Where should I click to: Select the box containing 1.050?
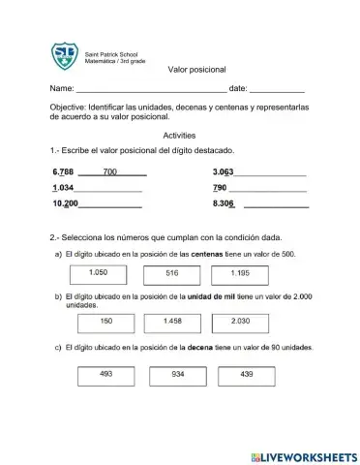[98, 274]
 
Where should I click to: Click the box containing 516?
[172, 274]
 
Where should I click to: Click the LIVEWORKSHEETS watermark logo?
[300, 455]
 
